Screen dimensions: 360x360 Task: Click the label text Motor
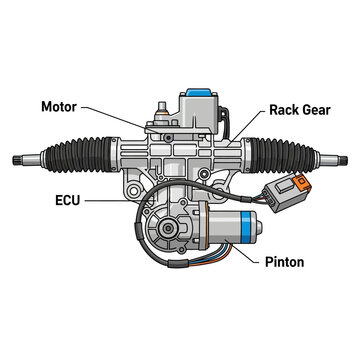click(x=63, y=106)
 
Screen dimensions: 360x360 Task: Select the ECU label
click(x=68, y=200)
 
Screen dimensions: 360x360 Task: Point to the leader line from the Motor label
click(x=120, y=115)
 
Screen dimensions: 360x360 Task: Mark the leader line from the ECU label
click(x=110, y=200)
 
